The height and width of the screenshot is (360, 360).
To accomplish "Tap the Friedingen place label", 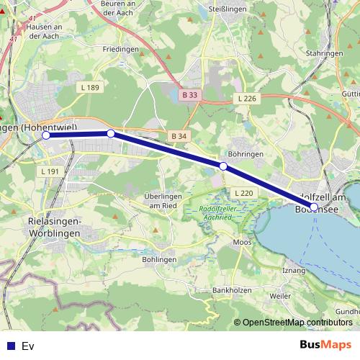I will click(121, 49).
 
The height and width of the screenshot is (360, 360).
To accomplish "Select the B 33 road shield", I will click(189, 94).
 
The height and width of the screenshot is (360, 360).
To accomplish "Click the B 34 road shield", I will click(179, 136).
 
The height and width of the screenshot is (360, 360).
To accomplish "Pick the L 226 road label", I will click(246, 98).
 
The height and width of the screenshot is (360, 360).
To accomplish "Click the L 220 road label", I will click(244, 193).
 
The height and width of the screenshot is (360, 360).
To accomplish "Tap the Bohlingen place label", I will click(159, 259).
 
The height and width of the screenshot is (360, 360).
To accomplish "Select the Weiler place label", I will click(279, 295).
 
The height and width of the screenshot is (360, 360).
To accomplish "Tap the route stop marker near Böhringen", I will click(223, 166).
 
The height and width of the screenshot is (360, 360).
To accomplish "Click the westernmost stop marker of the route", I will click(46, 135).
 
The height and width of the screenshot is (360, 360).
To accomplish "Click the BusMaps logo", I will click(325, 345).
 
